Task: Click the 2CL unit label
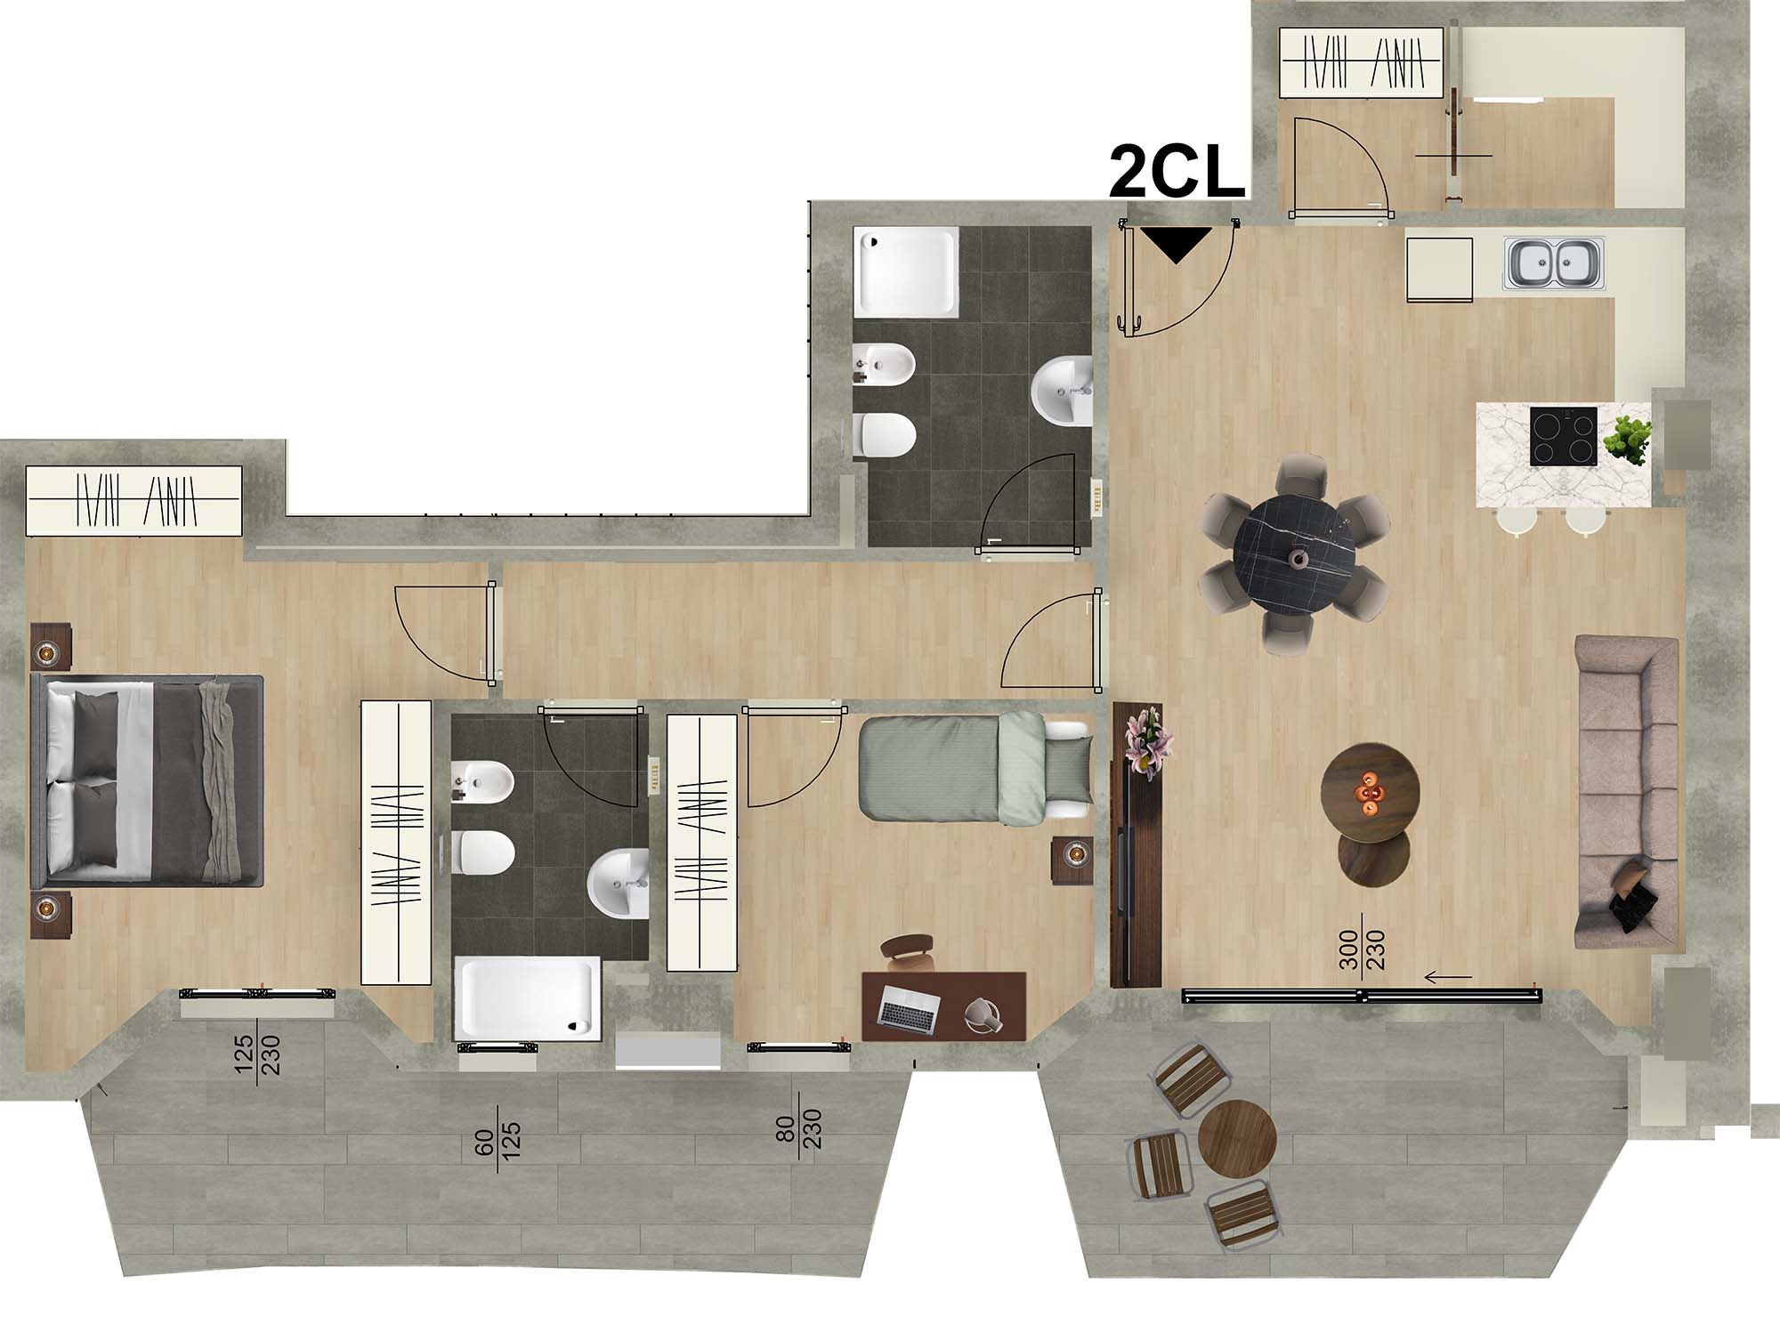1176,174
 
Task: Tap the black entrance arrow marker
1177,243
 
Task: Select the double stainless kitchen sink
1554,263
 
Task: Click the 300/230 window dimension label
1362,953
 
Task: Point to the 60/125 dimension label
498,1148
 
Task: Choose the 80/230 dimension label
798,1120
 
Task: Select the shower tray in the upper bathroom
906,271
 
